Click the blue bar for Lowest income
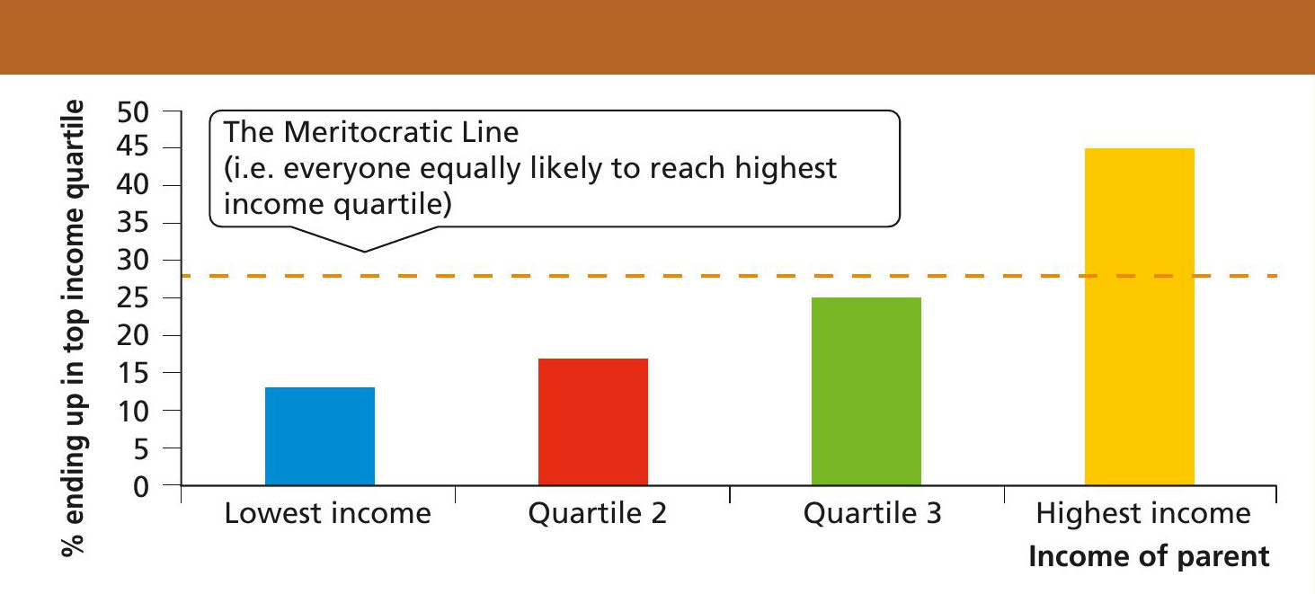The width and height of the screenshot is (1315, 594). [320, 436]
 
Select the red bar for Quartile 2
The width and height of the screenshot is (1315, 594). [593, 422]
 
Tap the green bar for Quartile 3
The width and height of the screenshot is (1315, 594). [866, 392]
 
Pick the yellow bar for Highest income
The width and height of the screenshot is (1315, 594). [1140, 317]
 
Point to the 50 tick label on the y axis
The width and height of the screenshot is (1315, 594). [133, 112]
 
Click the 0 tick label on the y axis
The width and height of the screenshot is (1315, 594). [141, 486]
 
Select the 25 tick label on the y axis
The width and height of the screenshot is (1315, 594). [133, 298]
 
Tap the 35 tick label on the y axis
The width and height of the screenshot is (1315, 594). [133, 224]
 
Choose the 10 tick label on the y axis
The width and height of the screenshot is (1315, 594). [133, 412]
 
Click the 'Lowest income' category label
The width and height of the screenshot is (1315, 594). [327, 513]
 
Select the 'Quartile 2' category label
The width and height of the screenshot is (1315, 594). [597, 513]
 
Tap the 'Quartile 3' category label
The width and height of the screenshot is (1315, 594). [872, 513]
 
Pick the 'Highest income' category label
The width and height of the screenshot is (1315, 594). [1143, 513]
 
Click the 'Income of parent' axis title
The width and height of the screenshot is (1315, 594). [1149, 556]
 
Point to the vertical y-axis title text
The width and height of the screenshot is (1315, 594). [74, 328]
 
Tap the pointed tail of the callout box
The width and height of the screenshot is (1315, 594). [365, 252]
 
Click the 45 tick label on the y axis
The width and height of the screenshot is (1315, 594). [133, 146]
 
